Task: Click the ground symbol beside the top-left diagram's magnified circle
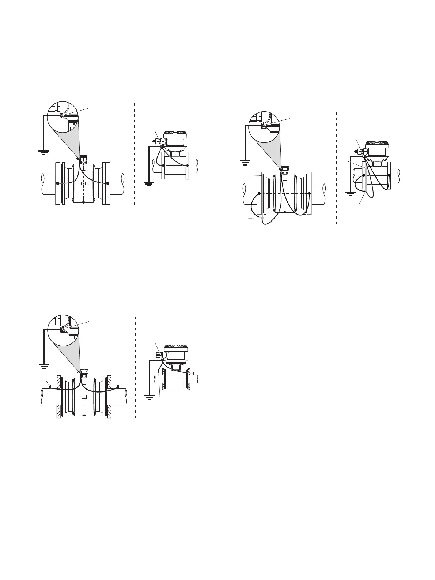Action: (44, 152)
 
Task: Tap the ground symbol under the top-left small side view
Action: (149, 183)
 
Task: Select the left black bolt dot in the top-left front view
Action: (57, 183)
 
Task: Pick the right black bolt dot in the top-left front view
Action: (108, 183)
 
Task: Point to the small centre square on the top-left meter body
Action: (83, 183)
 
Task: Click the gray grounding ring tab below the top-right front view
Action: (262, 219)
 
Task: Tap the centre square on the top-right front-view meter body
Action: (284, 193)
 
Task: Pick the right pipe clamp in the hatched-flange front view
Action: (118, 386)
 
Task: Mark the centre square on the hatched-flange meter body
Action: (84, 397)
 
